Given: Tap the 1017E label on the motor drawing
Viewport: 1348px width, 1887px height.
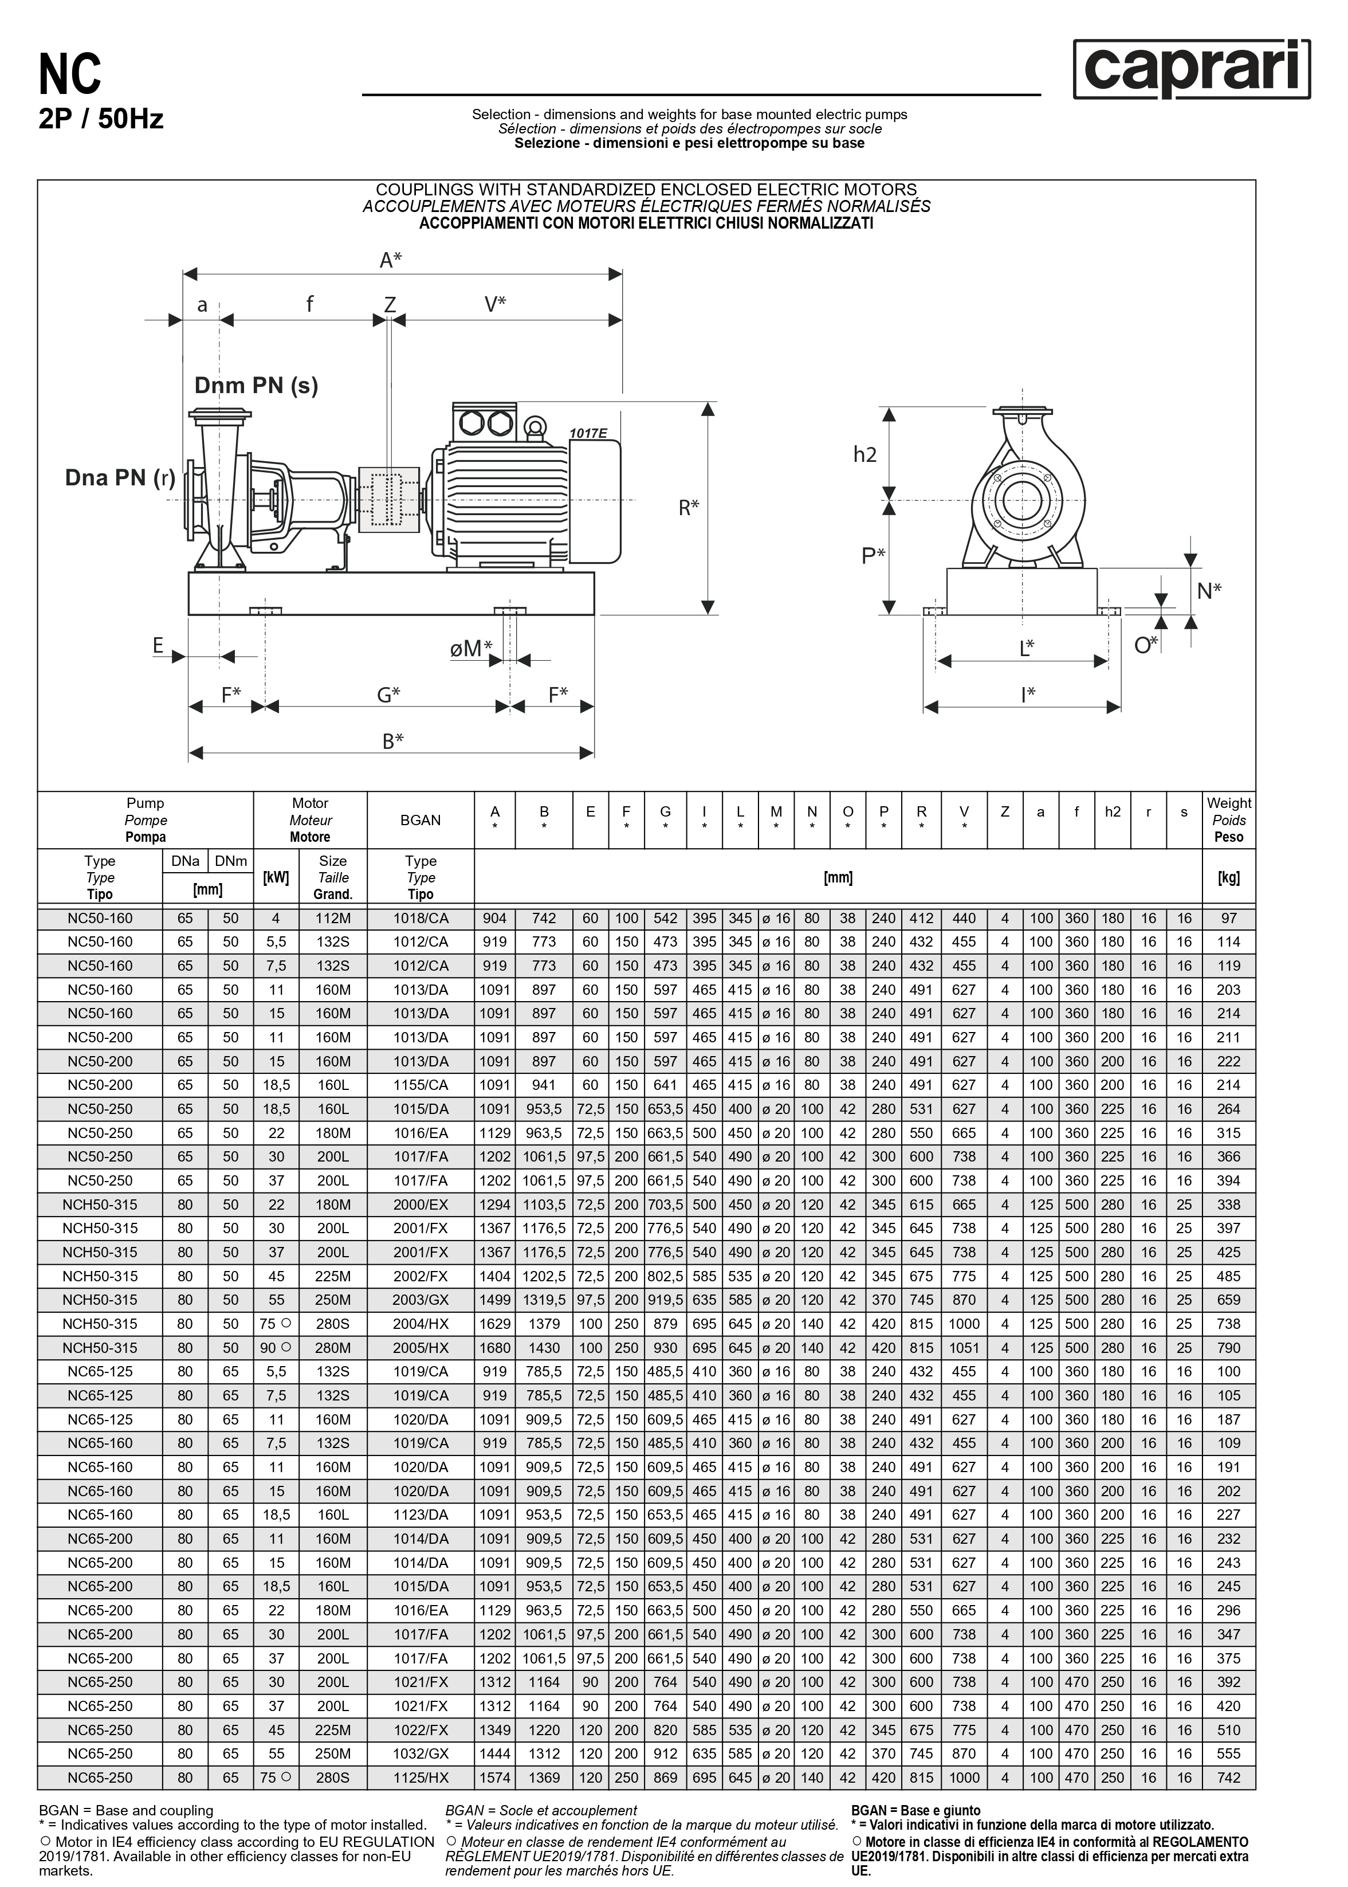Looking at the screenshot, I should (x=588, y=433).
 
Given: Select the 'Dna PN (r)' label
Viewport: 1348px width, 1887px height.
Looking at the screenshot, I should (x=120, y=477).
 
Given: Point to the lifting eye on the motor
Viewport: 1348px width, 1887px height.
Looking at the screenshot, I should (x=535, y=427).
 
